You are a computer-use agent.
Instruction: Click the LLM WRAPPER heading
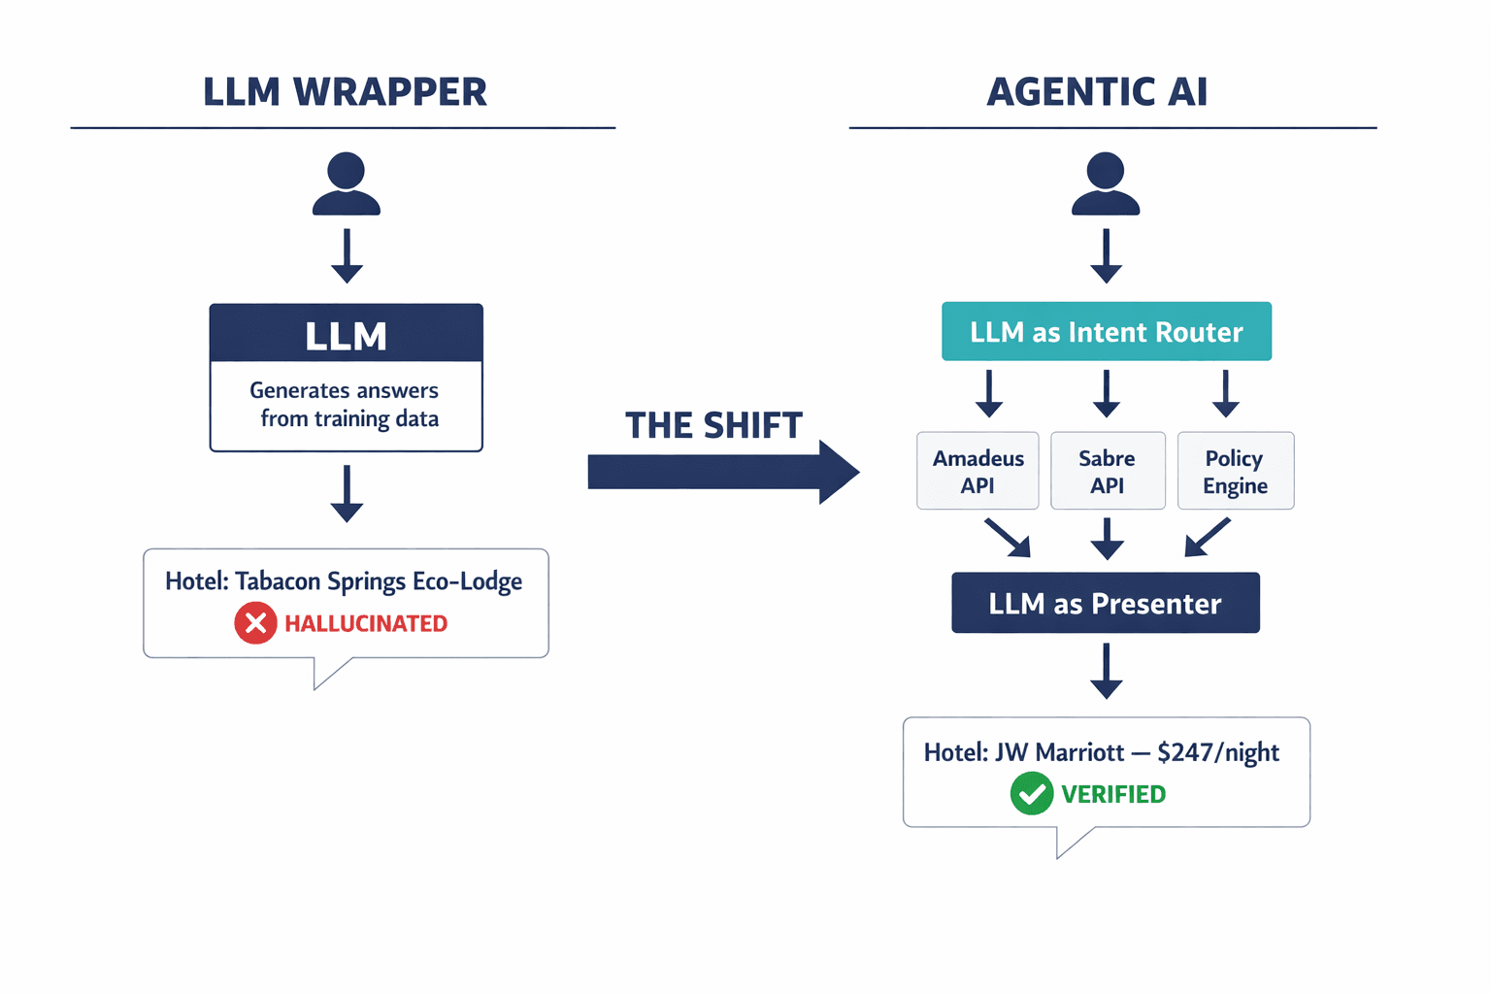345,92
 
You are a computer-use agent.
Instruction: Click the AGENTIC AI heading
1097,92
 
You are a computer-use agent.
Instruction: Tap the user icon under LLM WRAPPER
347,184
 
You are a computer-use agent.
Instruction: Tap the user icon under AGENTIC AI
1106,184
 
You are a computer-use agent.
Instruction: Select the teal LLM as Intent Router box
1106,332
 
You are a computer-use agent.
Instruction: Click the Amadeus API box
977,471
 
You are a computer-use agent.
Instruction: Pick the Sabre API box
1107,471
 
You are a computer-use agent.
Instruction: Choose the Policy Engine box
1235,471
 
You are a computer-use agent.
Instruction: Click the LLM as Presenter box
1105,603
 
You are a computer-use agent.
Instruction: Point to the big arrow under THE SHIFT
723,473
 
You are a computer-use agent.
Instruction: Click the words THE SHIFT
713,425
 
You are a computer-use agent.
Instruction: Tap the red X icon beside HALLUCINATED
255,623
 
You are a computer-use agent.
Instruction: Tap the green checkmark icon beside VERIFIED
1031,794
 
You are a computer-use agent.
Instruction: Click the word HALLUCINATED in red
366,623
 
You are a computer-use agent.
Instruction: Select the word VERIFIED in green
1113,794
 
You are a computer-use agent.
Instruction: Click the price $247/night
1218,752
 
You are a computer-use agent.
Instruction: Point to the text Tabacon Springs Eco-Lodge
379,581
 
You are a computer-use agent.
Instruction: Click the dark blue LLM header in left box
347,335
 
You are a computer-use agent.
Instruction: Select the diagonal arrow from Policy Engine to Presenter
1207,538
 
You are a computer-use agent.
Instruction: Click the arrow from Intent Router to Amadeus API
989,393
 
